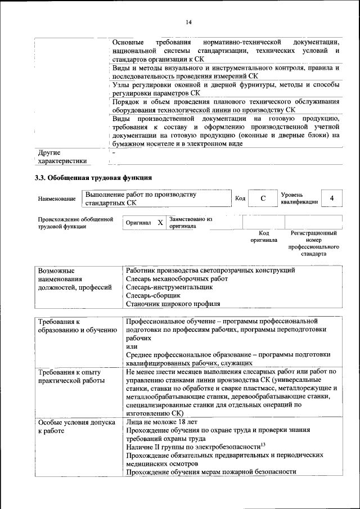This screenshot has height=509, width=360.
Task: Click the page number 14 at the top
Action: pyautogui.click(x=188, y=22)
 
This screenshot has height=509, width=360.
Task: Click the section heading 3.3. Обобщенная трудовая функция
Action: pyautogui.click(x=93, y=178)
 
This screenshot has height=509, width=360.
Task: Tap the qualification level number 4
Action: pyautogui.click(x=332, y=199)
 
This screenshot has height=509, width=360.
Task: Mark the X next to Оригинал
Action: pyautogui.click(x=160, y=223)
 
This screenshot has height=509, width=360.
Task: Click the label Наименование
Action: pyautogui.click(x=57, y=199)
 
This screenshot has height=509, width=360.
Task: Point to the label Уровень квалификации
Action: pyautogui.click(x=299, y=198)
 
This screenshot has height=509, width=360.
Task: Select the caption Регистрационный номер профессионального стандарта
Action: pyautogui.click(x=313, y=243)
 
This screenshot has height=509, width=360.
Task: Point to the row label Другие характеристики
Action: pyautogui.click(x=62, y=157)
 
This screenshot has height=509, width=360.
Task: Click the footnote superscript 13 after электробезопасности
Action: pyautogui.click(x=255, y=445)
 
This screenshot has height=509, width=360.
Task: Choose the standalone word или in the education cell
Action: pyautogui.click(x=131, y=347)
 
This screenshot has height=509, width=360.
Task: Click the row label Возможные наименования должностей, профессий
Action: pyautogui.click(x=74, y=279)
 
